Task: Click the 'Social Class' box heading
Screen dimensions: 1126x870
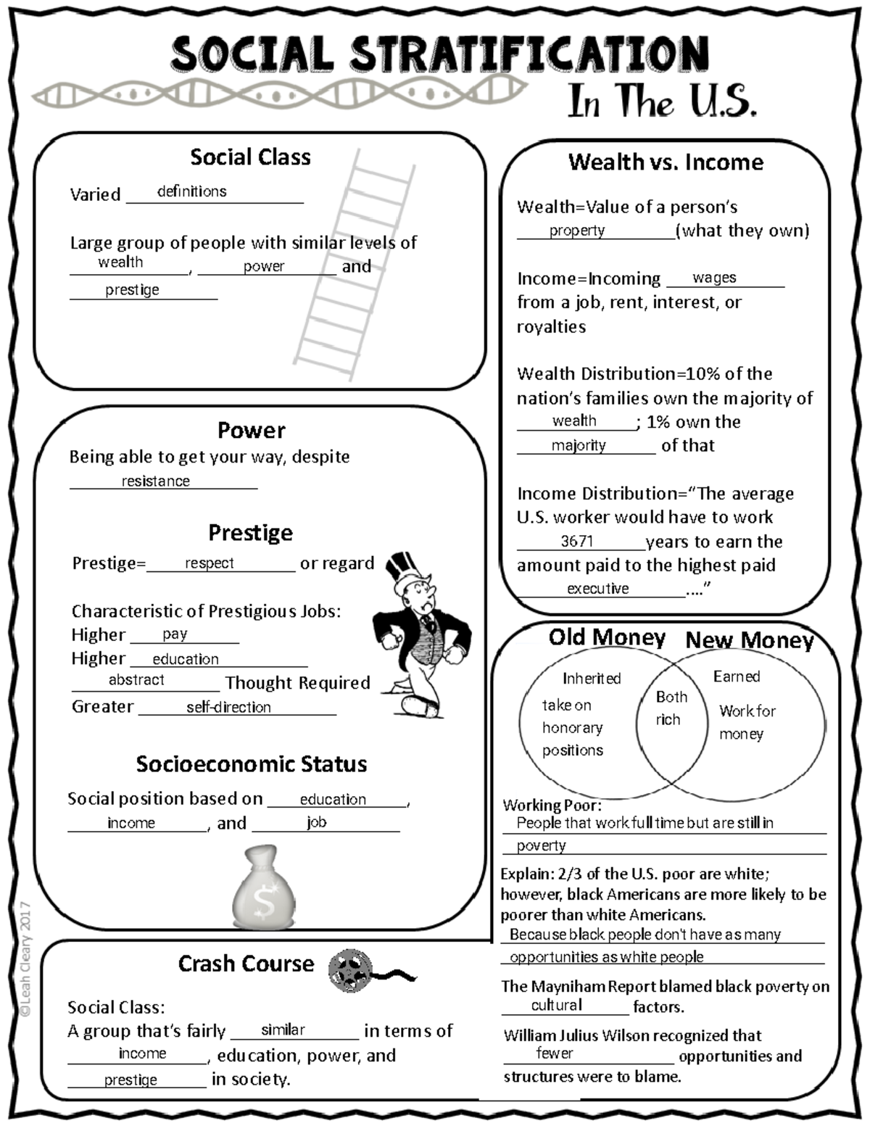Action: click(250, 157)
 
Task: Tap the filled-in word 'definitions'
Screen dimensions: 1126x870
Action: click(191, 191)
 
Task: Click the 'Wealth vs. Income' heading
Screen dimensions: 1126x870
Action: click(666, 162)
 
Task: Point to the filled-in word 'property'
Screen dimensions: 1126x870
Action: click(576, 231)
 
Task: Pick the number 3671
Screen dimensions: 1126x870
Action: click(577, 542)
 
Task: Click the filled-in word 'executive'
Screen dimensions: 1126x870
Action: click(597, 589)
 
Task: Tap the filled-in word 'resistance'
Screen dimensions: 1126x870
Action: click(155, 481)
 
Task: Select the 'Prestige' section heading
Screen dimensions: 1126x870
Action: click(250, 533)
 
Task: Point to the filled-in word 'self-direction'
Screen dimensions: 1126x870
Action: click(228, 707)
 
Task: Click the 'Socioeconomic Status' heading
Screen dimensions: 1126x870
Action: click(251, 764)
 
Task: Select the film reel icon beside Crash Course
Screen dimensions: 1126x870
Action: click(350, 971)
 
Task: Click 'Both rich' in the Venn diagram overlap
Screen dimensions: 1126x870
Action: click(670, 708)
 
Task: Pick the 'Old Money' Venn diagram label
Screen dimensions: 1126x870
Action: click(607, 637)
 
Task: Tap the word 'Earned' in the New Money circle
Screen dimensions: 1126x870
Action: click(737, 676)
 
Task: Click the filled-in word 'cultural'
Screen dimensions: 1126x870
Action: click(556, 1006)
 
